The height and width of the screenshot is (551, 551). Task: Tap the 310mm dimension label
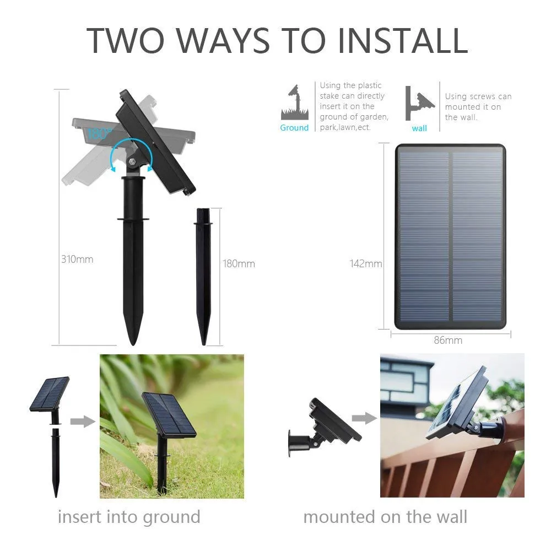(x=77, y=260)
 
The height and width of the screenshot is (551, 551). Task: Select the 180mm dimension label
(x=239, y=263)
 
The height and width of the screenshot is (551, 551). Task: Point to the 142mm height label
(x=366, y=263)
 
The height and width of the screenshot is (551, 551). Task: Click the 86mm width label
(x=448, y=340)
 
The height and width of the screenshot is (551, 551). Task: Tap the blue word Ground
(x=294, y=128)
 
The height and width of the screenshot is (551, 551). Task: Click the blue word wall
(x=419, y=128)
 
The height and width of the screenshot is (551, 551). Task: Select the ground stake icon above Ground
(x=295, y=102)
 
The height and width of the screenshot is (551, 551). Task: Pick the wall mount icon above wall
(x=419, y=104)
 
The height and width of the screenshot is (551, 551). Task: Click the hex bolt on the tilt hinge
(x=132, y=161)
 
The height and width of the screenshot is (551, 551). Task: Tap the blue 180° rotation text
(x=99, y=134)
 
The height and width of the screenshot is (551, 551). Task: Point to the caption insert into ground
(x=129, y=517)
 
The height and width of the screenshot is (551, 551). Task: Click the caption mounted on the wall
(x=385, y=517)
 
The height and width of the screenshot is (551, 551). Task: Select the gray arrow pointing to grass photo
(x=83, y=422)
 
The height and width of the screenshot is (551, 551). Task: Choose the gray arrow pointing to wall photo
(x=364, y=418)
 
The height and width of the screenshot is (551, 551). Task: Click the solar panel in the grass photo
(x=169, y=415)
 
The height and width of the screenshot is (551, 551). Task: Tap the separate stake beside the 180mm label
(x=203, y=277)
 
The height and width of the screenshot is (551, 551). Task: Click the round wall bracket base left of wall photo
(x=291, y=443)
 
